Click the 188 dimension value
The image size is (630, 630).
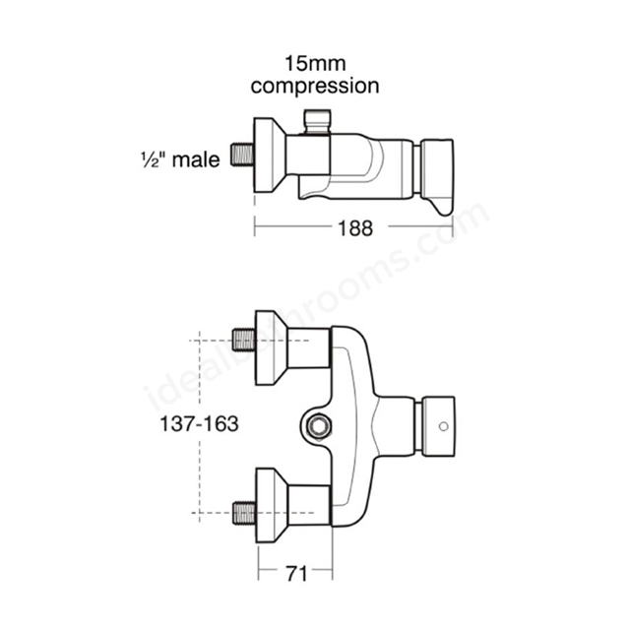click(x=355, y=228)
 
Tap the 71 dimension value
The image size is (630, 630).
click(x=296, y=573)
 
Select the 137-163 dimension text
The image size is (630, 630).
click(x=199, y=424)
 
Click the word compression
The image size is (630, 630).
click(x=315, y=87)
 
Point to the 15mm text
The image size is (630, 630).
click(x=315, y=63)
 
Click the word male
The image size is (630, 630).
click(x=196, y=159)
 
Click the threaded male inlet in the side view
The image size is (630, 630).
click(x=242, y=155)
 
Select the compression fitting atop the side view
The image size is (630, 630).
click(x=317, y=121)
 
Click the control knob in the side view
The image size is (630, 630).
click(x=437, y=168)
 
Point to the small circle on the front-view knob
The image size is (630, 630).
click(x=444, y=426)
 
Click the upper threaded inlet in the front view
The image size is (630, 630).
click(x=244, y=340)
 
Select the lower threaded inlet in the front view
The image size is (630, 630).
click(x=244, y=513)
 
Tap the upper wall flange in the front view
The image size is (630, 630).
click(x=272, y=347)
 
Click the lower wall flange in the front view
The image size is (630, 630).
click(x=272, y=505)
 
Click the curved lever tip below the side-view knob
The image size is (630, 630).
click(x=442, y=207)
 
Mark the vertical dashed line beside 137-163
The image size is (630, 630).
click(x=200, y=426)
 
